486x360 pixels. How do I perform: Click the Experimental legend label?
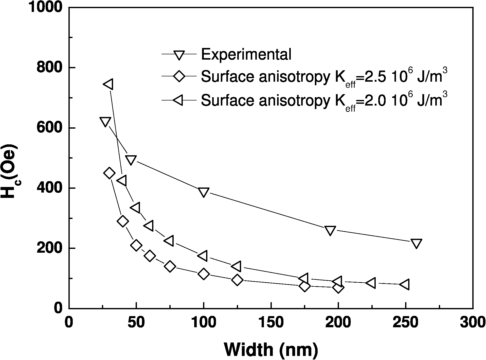click(246, 54)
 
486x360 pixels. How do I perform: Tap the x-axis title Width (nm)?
click(271, 350)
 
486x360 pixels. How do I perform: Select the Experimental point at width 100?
click(204, 192)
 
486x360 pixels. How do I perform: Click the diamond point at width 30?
click(109, 173)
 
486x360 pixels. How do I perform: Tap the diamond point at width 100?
click(204, 274)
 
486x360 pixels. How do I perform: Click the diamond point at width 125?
click(237, 280)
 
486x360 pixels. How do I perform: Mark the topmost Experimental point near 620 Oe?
click(105, 122)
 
